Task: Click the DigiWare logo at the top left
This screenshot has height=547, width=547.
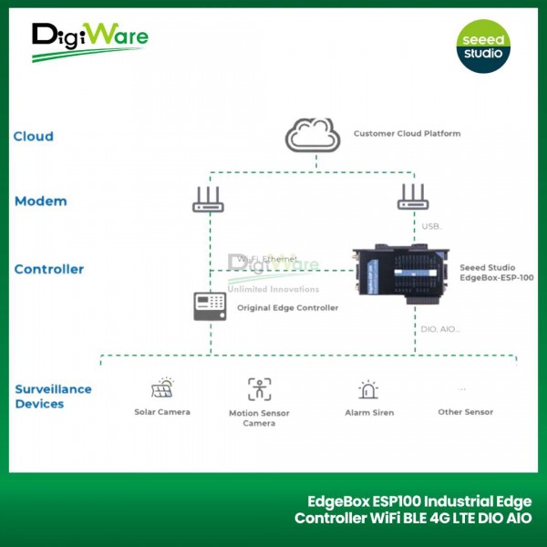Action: [x=89, y=41]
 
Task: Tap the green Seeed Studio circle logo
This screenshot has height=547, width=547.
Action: [x=483, y=45]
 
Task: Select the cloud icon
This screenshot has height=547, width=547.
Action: [x=313, y=136]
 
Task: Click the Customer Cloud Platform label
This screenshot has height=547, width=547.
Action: [x=407, y=134]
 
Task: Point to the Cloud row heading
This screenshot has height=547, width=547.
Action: [x=33, y=137]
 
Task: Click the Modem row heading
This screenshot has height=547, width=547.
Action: [x=40, y=201]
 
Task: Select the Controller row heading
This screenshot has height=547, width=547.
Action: [x=49, y=269]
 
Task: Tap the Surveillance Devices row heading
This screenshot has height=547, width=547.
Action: [x=53, y=396]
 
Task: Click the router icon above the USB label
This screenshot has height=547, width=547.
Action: [x=413, y=198]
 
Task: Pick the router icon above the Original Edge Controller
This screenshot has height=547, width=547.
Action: [x=208, y=200]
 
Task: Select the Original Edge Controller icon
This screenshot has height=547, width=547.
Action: [x=209, y=306]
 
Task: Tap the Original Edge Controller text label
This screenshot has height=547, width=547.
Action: [x=287, y=308]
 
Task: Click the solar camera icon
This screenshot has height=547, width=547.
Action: [x=162, y=388]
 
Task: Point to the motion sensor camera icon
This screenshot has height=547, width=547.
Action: [x=259, y=389]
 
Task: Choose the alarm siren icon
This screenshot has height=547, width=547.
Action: [x=368, y=389]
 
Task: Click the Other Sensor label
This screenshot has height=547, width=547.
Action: [x=465, y=412]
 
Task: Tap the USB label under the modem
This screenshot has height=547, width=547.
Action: [x=431, y=225]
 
